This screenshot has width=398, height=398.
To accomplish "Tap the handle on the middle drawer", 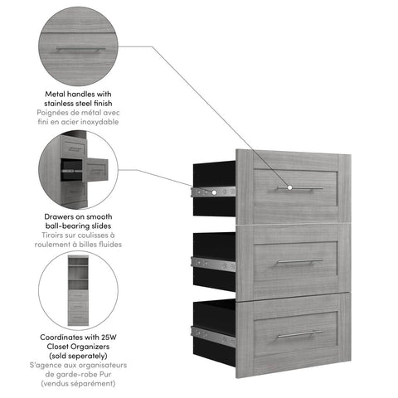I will click(x=300, y=261).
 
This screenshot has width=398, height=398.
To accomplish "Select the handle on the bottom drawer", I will click(x=300, y=334).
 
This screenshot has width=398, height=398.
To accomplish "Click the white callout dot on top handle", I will click(x=289, y=188).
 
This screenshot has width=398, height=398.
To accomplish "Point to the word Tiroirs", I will click(x=55, y=235).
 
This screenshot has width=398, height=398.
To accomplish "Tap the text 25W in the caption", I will click(x=107, y=338).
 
